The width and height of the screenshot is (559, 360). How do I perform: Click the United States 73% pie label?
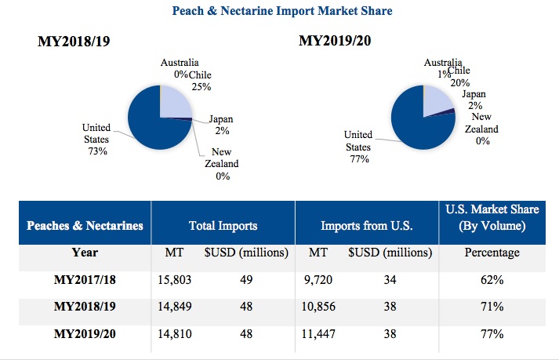96,138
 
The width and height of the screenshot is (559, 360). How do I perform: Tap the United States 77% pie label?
358,146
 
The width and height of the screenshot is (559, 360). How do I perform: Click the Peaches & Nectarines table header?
85,225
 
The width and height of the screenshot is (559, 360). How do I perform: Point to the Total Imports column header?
223,225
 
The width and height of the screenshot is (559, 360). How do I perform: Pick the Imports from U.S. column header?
367,225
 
